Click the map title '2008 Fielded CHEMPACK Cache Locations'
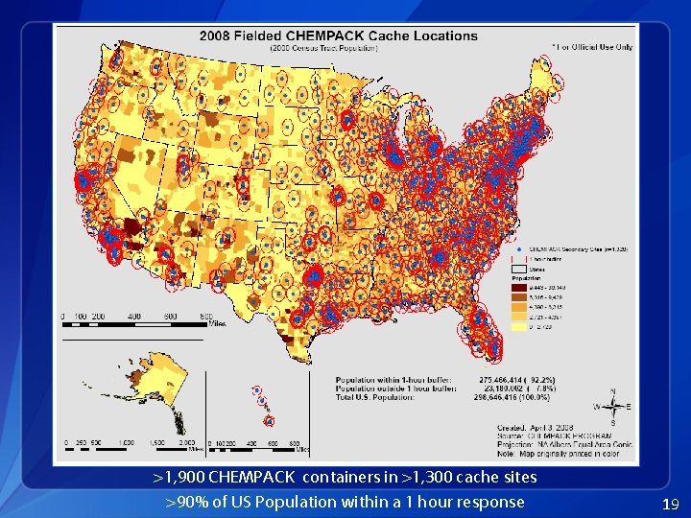(x=338, y=35)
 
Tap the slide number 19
(x=671, y=504)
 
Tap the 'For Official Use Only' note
(x=592, y=46)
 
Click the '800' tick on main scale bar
(x=205, y=316)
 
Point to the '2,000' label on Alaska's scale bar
(x=188, y=443)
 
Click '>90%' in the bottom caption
(x=185, y=502)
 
